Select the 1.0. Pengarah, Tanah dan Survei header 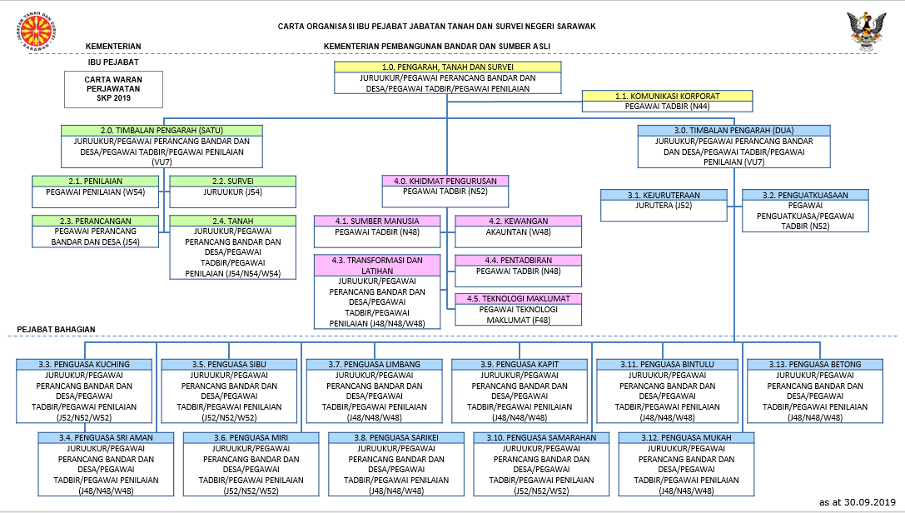[x=448, y=66]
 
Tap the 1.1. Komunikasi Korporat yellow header [x=667, y=96]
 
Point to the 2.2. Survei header [x=232, y=181]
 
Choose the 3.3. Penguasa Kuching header [x=84, y=364]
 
